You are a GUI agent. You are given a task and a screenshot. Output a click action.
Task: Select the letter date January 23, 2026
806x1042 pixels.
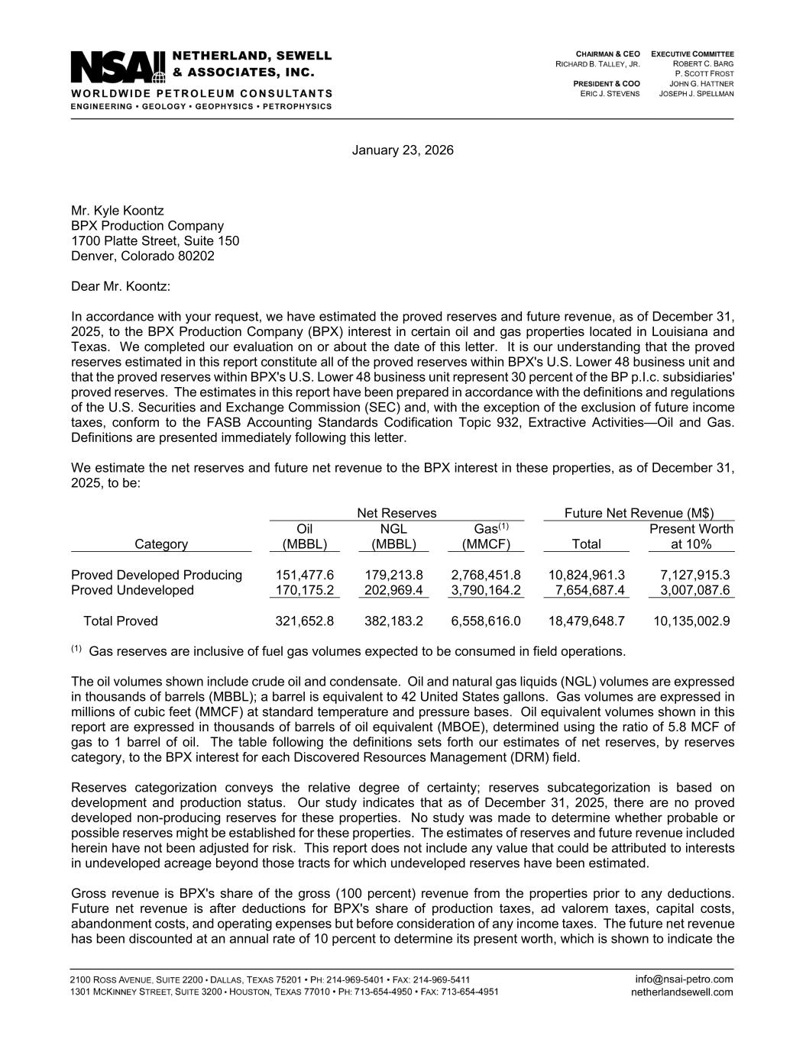click(403, 150)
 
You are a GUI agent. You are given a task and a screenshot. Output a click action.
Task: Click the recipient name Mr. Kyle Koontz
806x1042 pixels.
click(117, 211)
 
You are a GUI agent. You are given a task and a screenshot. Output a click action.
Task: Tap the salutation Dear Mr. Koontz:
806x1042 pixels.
click(121, 286)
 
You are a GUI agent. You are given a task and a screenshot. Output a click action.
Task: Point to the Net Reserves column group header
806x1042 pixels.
click(397, 514)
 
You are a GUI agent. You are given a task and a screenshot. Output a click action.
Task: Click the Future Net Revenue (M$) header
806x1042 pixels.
click(639, 514)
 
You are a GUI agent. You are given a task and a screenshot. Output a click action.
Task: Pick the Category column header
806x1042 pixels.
click(160, 544)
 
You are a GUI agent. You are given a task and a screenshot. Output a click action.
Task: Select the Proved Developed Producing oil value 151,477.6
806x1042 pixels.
click(304, 575)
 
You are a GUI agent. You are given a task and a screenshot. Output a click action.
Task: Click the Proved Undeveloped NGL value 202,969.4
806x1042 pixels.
click(393, 590)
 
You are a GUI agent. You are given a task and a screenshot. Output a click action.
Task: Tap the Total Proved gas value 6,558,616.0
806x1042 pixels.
click(486, 621)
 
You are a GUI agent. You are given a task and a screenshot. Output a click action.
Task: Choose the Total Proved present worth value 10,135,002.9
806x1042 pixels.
click(691, 621)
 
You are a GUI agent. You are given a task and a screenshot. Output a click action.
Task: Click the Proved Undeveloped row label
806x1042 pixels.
click(132, 590)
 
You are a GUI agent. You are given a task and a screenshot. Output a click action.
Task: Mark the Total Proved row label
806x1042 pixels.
click(121, 621)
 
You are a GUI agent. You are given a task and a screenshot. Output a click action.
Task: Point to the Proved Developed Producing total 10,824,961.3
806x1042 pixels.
click(587, 575)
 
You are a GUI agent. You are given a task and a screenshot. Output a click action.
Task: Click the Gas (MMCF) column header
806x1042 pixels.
click(486, 537)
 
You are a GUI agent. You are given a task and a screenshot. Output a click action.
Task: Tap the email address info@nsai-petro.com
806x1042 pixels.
click(684, 979)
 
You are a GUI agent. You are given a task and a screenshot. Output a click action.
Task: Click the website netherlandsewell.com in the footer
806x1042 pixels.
click(681, 992)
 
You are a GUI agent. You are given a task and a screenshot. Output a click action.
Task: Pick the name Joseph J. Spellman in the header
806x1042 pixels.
click(696, 94)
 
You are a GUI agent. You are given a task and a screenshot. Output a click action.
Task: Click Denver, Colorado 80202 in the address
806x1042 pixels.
click(143, 256)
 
